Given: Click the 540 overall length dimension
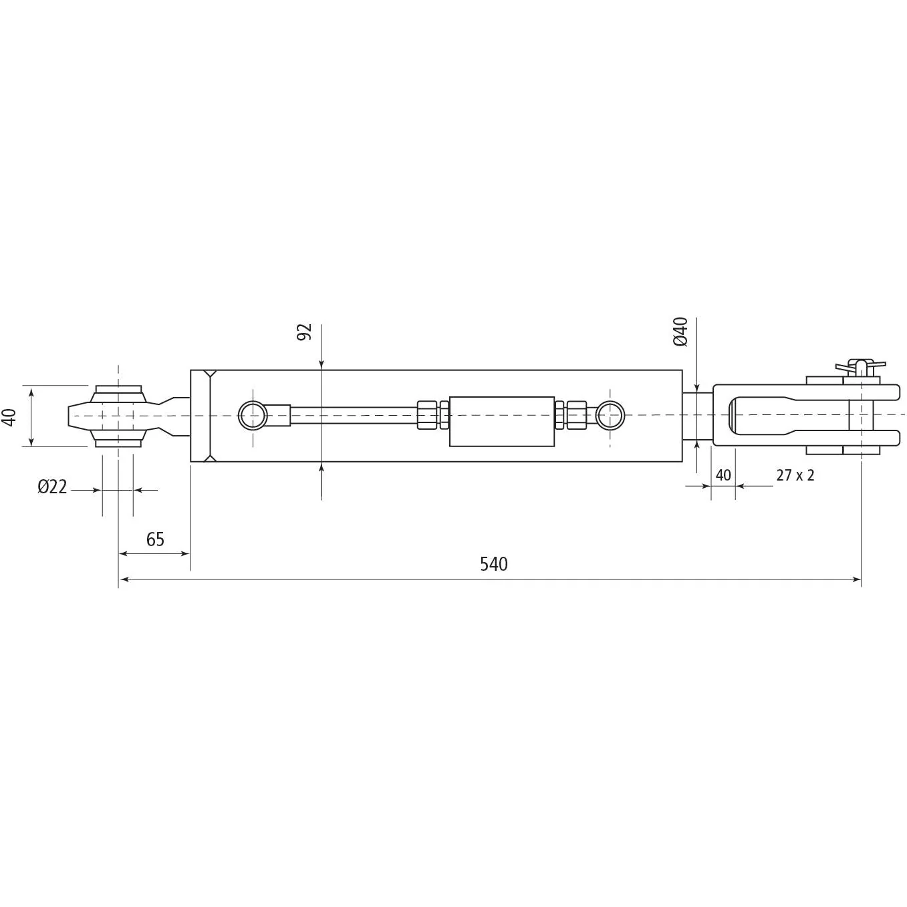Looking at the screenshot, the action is coord(494,564).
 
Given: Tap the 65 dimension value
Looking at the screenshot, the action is coord(155,539).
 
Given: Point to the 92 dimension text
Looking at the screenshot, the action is coord(305,332).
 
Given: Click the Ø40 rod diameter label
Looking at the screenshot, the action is coord(680,332).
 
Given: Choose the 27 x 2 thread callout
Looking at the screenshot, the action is coord(795,475).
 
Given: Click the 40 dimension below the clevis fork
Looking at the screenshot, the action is coord(723,475).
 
